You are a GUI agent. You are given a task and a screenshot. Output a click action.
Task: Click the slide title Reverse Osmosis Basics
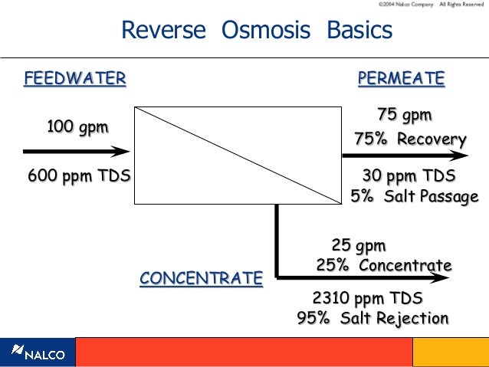(257, 30)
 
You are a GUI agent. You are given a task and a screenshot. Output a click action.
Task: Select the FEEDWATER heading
(74, 78)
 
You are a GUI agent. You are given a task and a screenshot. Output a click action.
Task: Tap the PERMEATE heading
(401, 78)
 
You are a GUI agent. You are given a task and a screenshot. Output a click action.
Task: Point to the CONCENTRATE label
(201, 277)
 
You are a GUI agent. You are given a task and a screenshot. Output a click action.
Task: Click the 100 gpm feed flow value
(77, 126)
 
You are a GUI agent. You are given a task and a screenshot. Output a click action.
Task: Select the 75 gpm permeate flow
(405, 115)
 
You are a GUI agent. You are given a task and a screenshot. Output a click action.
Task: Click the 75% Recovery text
(410, 139)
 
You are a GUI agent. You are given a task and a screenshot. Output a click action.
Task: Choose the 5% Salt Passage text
(414, 197)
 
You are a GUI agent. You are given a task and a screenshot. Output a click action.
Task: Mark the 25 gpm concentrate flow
(359, 246)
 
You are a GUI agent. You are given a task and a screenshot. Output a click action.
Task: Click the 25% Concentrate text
(383, 266)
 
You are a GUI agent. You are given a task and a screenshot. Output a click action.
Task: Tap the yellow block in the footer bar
(450, 352)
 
